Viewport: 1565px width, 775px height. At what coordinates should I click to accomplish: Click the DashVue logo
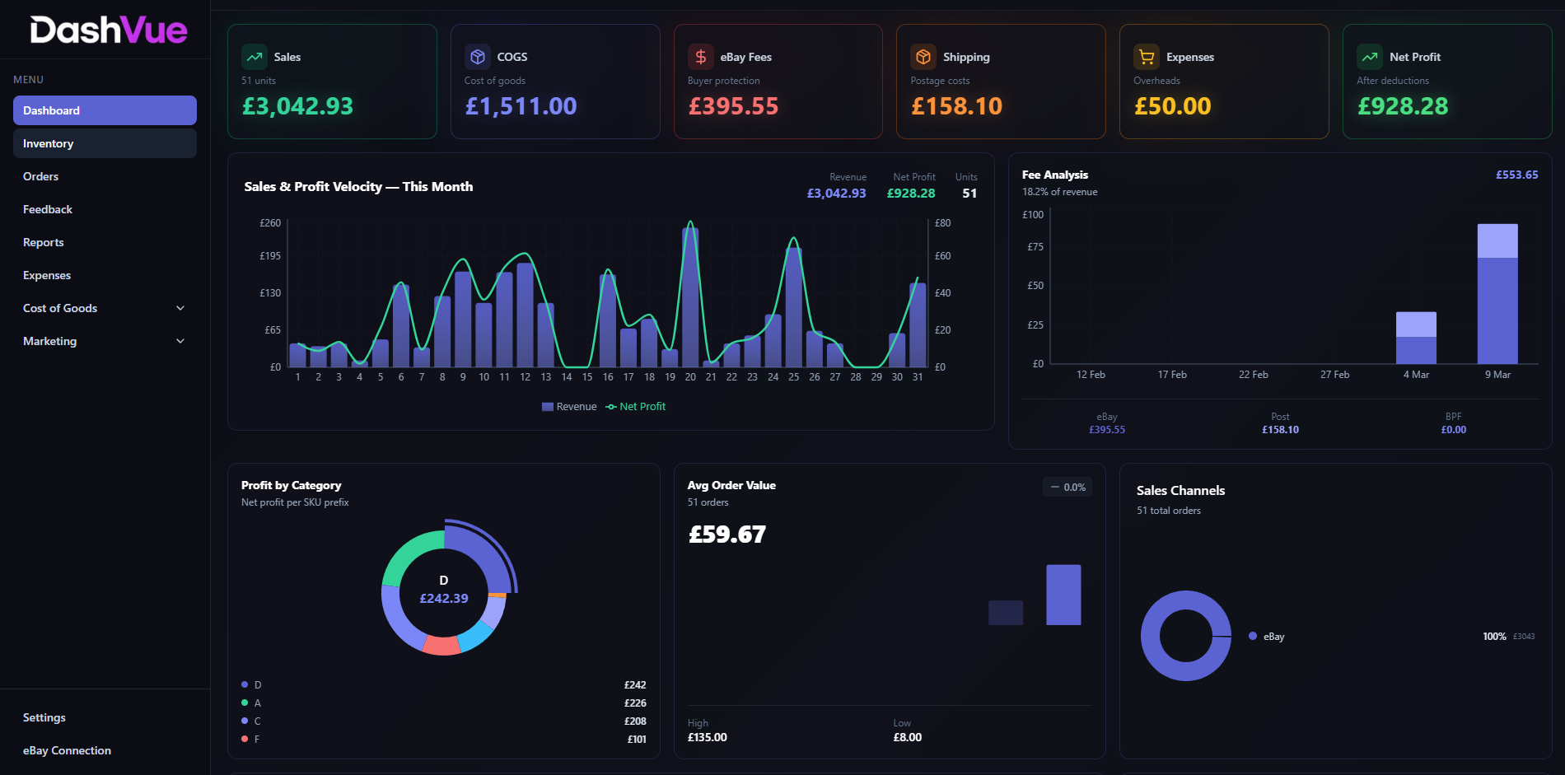(x=109, y=30)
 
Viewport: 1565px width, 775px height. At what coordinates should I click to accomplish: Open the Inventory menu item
(x=49, y=143)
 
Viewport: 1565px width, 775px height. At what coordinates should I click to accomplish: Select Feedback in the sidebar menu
(x=48, y=209)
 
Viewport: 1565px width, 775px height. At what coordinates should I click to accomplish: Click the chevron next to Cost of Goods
(x=180, y=308)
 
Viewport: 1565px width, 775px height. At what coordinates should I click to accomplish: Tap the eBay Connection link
(x=67, y=750)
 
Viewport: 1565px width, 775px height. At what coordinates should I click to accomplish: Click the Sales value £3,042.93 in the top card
(x=297, y=106)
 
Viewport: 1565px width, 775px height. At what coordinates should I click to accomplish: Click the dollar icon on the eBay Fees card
(x=701, y=57)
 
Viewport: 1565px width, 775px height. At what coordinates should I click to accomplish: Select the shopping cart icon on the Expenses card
(x=1146, y=57)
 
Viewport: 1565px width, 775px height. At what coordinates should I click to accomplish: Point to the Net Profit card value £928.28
(x=1403, y=106)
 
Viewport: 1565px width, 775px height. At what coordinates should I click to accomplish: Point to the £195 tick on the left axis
(x=270, y=256)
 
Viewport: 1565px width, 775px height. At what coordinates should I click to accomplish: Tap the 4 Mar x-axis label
(x=1416, y=375)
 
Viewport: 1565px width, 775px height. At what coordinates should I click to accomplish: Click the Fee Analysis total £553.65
(x=1516, y=175)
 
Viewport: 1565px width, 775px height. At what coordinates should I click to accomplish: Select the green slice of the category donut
(x=408, y=553)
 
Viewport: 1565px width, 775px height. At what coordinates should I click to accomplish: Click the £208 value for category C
(x=635, y=721)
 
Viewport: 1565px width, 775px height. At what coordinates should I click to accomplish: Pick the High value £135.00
(x=708, y=737)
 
